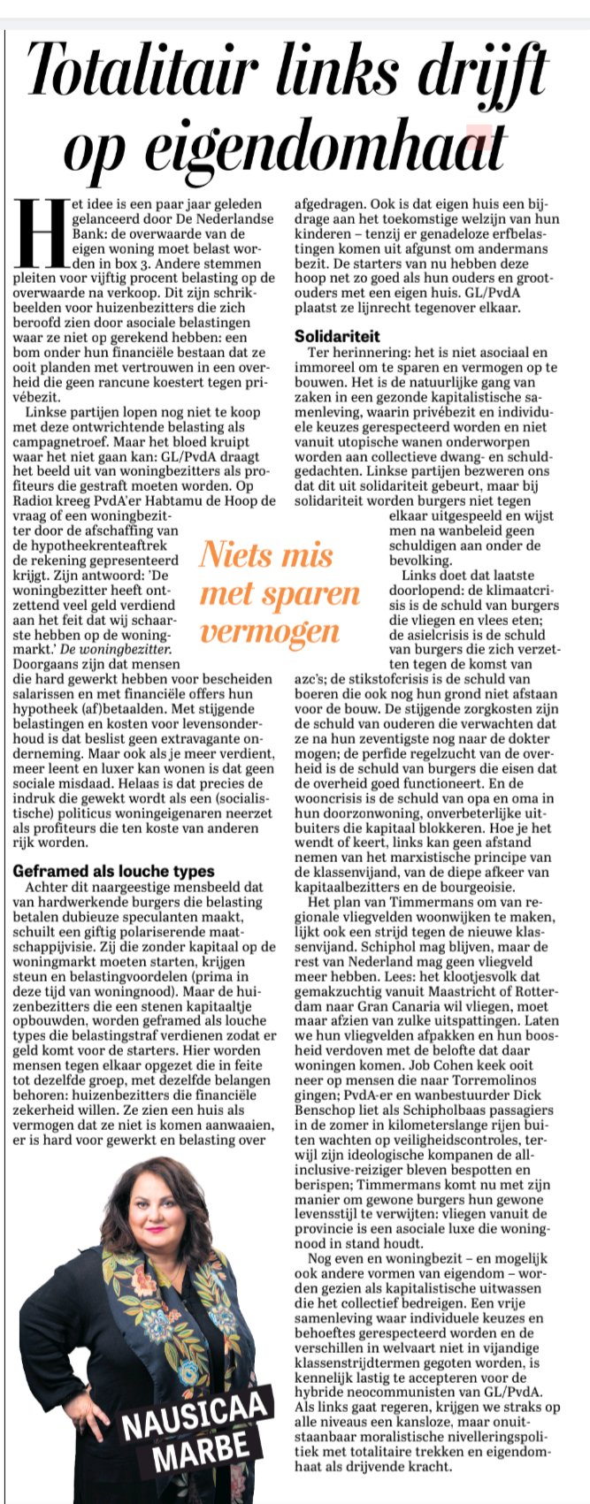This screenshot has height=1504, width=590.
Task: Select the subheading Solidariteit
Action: click(x=337, y=336)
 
